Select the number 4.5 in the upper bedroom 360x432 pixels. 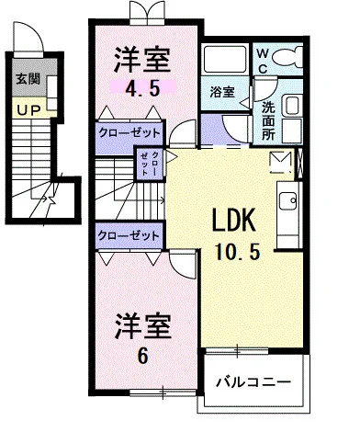tap(139, 89)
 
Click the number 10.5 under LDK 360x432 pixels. tap(238, 251)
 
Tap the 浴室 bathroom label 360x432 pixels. tap(220, 92)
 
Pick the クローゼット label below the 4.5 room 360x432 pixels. tap(129, 131)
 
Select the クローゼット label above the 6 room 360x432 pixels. tap(129, 235)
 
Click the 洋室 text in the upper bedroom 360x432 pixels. tap(143, 61)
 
